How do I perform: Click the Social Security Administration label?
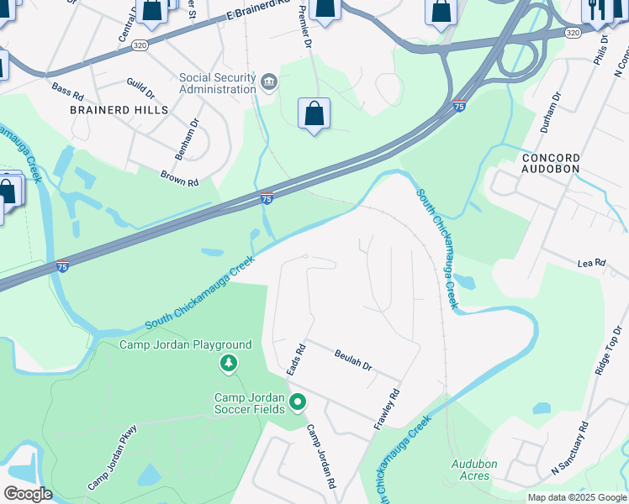[217, 83]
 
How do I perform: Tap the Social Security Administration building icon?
[269, 81]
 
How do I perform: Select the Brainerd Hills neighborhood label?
[119, 110]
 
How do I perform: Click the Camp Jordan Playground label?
[185, 345]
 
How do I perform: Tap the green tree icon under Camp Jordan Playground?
[227, 364]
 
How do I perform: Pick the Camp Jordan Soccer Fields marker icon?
[297, 403]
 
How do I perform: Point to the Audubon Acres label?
[474, 469]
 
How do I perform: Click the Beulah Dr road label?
[352, 361]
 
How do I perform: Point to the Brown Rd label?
[179, 177]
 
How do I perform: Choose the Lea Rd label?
[591, 263]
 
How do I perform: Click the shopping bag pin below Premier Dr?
[314, 114]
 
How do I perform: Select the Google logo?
[28, 494]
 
